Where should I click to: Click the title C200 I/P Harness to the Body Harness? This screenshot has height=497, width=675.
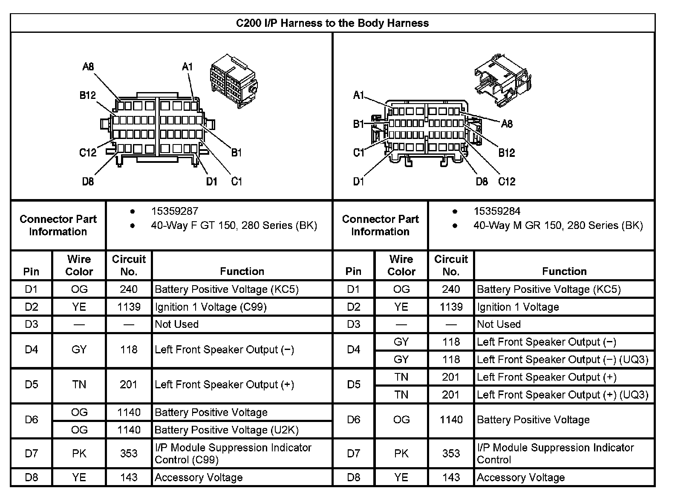coord(332,23)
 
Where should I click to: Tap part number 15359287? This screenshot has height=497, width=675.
coord(175,211)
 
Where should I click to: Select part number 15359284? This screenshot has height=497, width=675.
coord(497,211)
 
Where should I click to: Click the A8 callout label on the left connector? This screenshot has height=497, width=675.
coord(88,66)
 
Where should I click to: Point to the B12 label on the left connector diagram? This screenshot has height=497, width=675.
coord(88,95)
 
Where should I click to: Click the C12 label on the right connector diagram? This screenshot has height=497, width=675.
coord(507,182)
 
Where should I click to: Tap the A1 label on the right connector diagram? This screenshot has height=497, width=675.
coord(359,95)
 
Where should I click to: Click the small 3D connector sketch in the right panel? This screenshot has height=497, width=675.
coord(503,79)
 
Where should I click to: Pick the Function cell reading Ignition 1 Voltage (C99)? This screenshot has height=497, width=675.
coord(211,307)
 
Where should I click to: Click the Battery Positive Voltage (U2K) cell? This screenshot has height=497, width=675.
coord(226,430)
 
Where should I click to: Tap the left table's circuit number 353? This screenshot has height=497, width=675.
coord(129,453)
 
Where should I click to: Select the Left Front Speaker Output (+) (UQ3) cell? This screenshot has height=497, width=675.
coord(562,395)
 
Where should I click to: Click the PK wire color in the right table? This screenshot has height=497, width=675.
coord(401,453)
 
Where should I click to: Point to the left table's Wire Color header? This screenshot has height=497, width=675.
coord(79,265)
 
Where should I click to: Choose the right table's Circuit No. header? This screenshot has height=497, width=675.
coord(451,265)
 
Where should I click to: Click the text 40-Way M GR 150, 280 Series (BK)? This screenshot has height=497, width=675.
coord(558,225)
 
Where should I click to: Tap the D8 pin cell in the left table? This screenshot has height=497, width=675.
coord(32,477)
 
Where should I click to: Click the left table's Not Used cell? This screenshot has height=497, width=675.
coord(177,324)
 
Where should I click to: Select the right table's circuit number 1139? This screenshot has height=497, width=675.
coord(451,307)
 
